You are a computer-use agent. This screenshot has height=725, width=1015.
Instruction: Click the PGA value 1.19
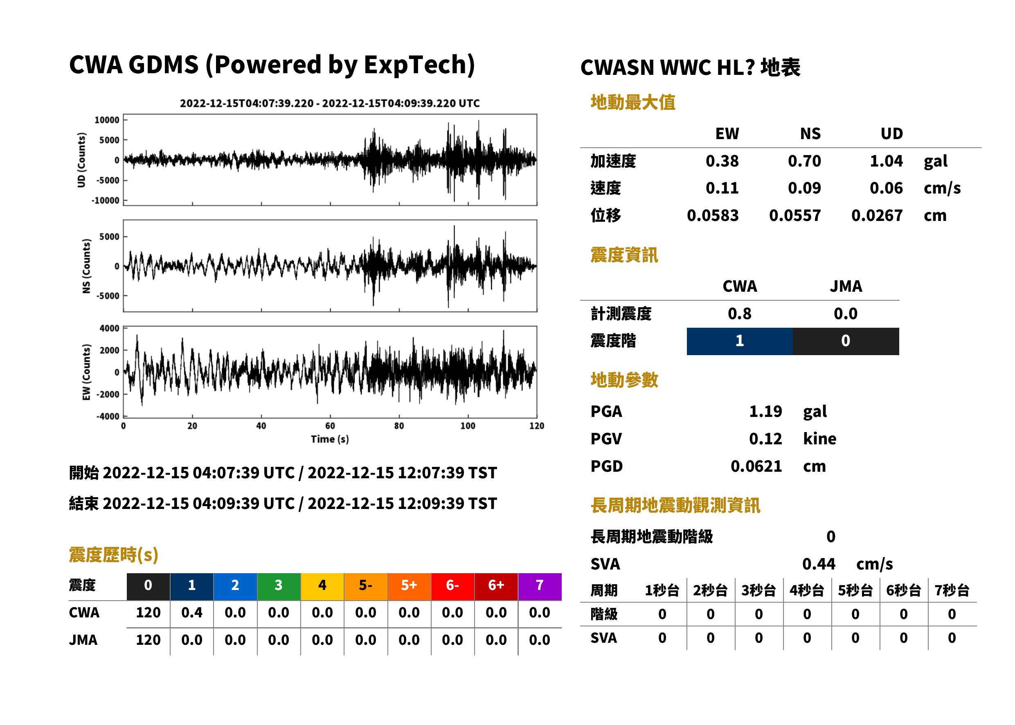click(x=765, y=411)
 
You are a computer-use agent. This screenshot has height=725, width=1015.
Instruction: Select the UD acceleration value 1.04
click(x=886, y=161)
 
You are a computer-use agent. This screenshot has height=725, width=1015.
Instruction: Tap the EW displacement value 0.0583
click(x=712, y=216)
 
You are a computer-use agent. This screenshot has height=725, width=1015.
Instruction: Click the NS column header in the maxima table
click(x=810, y=133)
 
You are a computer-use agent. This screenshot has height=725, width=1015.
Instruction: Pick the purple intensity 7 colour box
click(x=540, y=587)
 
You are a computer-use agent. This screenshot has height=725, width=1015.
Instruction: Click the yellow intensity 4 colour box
click(x=322, y=587)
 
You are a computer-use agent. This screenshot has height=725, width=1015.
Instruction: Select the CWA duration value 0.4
click(x=191, y=612)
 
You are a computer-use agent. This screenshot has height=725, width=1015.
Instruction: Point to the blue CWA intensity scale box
click(x=740, y=341)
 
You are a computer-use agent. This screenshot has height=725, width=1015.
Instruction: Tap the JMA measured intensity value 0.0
click(x=845, y=313)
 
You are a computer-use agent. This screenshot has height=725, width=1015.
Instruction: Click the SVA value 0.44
click(x=819, y=564)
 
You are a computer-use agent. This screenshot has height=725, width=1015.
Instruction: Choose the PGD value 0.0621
click(x=756, y=466)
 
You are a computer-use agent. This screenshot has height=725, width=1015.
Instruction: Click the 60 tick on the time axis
click(x=330, y=426)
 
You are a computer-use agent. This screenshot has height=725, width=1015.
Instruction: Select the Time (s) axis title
click(x=330, y=439)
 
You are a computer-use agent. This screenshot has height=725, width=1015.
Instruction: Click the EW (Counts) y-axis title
click(x=87, y=372)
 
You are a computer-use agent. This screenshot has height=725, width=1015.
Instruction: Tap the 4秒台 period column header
click(x=806, y=591)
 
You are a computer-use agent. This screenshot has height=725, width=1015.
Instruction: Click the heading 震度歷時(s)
click(x=113, y=555)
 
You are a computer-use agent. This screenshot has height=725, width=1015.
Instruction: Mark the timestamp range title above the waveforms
click(x=330, y=104)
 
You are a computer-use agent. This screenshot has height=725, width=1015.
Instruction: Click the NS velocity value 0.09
click(x=804, y=188)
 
